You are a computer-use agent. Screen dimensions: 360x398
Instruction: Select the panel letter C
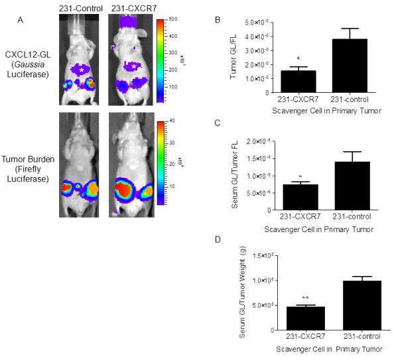[x=228, y=124]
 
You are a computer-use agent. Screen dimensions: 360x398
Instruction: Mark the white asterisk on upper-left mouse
[x=81, y=69]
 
